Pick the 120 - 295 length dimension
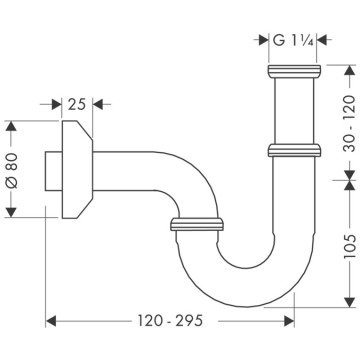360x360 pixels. point(171,323)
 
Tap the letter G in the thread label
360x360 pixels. point(276,42)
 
